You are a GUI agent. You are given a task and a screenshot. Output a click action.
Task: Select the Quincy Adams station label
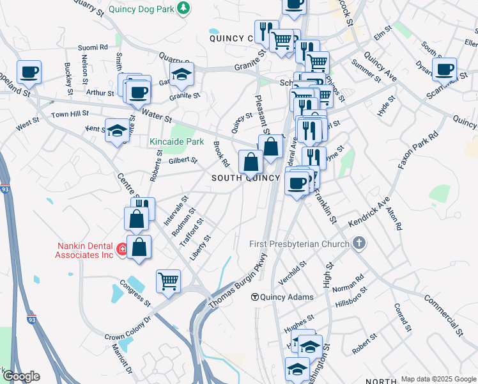coord(287,297)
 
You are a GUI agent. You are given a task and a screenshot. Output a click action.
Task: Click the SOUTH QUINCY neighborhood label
coord(246,178)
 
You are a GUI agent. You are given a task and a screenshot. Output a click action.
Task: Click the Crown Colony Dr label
coord(128,327)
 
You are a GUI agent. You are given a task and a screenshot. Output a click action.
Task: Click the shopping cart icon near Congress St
coord(168,281)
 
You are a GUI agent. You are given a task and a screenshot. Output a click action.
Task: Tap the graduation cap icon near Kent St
coord(117,131)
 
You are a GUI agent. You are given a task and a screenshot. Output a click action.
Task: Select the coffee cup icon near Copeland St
coord(29,72)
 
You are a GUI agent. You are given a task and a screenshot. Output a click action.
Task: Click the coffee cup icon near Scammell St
coord(444,68)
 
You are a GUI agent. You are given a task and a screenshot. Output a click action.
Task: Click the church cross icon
coord(359,243)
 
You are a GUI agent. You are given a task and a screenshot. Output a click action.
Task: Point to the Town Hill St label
coord(70,114)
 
